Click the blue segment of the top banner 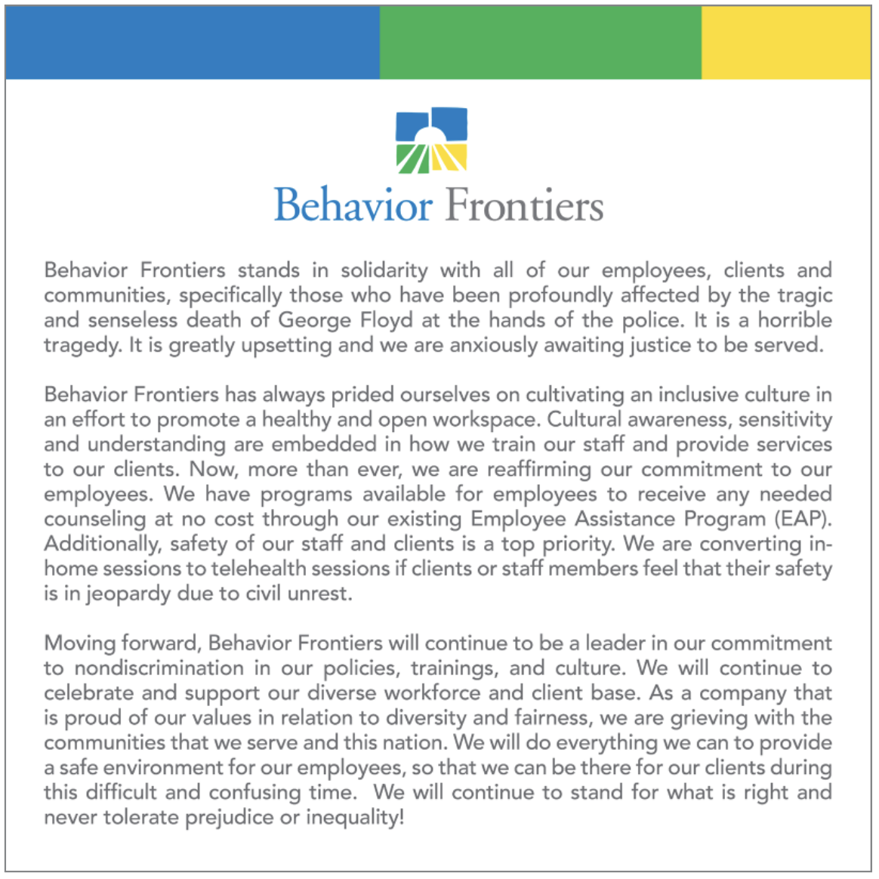tap(192, 42)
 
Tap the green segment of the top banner tap(540, 42)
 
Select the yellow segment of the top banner tap(786, 42)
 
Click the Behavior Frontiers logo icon tap(432, 140)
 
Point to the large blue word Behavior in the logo tap(353, 205)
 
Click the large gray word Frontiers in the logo tap(524, 205)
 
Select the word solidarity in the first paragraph tap(384, 270)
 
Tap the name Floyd tap(386, 320)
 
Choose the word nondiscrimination tap(159, 668)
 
